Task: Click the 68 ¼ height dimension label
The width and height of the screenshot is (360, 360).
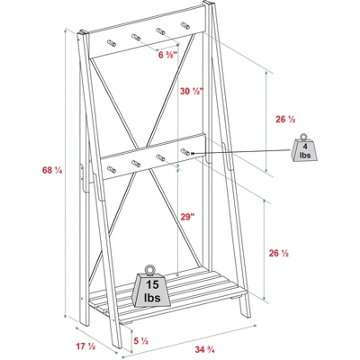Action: point(52,170)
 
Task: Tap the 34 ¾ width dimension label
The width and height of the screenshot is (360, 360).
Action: point(204,349)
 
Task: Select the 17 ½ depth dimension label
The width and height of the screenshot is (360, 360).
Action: point(85,346)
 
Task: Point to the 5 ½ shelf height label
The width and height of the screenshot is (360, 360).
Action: point(141,341)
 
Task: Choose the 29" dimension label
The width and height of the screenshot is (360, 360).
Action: point(188,217)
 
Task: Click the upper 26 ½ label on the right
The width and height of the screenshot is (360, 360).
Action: point(285,120)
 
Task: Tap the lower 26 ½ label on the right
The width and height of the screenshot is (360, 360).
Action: point(279,254)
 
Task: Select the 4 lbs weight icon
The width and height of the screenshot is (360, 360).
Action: point(304,149)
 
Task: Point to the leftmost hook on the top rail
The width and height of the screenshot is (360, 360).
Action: point(112,43)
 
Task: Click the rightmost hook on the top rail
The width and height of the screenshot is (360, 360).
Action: point(185,26)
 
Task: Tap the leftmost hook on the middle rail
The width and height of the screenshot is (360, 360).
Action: point(112,169)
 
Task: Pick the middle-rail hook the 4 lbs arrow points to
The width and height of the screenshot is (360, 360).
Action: point(185,152)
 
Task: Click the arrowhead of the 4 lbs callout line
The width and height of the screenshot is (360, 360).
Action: point(193,153)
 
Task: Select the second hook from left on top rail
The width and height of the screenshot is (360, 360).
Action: point(136,37)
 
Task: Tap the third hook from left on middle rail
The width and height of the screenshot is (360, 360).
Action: point(161,157)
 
